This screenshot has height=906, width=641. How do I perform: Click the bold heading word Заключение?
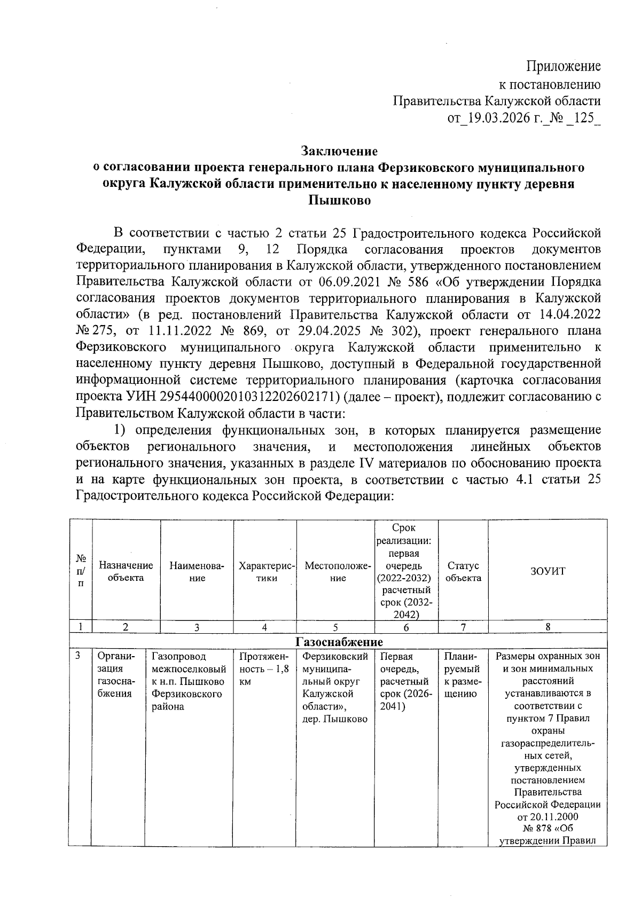click(339, 151)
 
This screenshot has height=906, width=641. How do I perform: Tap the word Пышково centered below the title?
click(339, 201)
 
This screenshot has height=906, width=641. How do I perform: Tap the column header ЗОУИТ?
click(548, 571)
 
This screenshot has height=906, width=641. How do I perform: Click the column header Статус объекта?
click(463, 571)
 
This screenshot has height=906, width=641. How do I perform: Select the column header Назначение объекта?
click(126, 571)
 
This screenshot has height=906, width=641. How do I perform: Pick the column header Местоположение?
click(335, 571)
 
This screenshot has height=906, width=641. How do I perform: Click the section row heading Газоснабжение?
click(339, 641)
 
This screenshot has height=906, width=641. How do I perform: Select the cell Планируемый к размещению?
click(462, 675)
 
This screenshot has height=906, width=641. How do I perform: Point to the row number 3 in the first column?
click(78, 656)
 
